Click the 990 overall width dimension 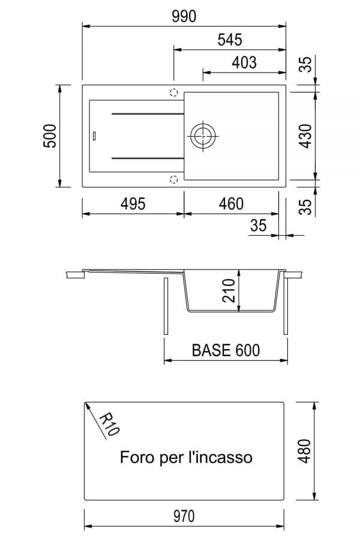click(184, 16)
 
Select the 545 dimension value click(230, 40)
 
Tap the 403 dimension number click(244, 62)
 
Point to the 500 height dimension click(50, 136)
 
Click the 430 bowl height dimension click(305, 136)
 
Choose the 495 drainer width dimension click(133, 204)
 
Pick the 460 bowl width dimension click(232, 204)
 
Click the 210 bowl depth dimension click(229, 290)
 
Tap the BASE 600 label click(226, 350)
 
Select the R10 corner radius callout click(110, 424)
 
